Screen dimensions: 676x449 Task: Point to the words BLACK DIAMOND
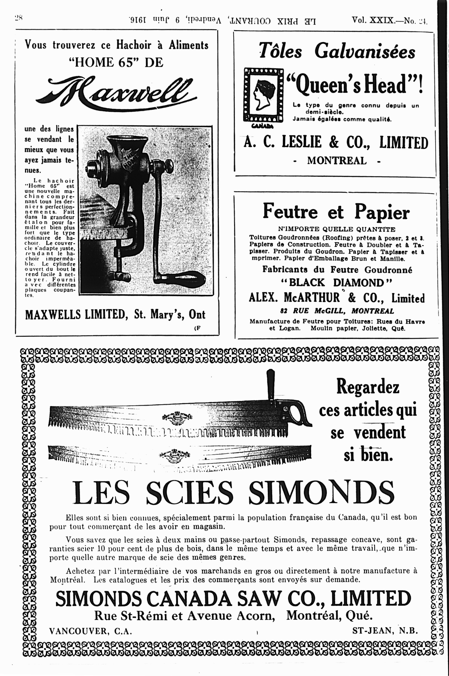[336, 283]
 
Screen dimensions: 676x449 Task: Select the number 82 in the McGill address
[284, 311]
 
